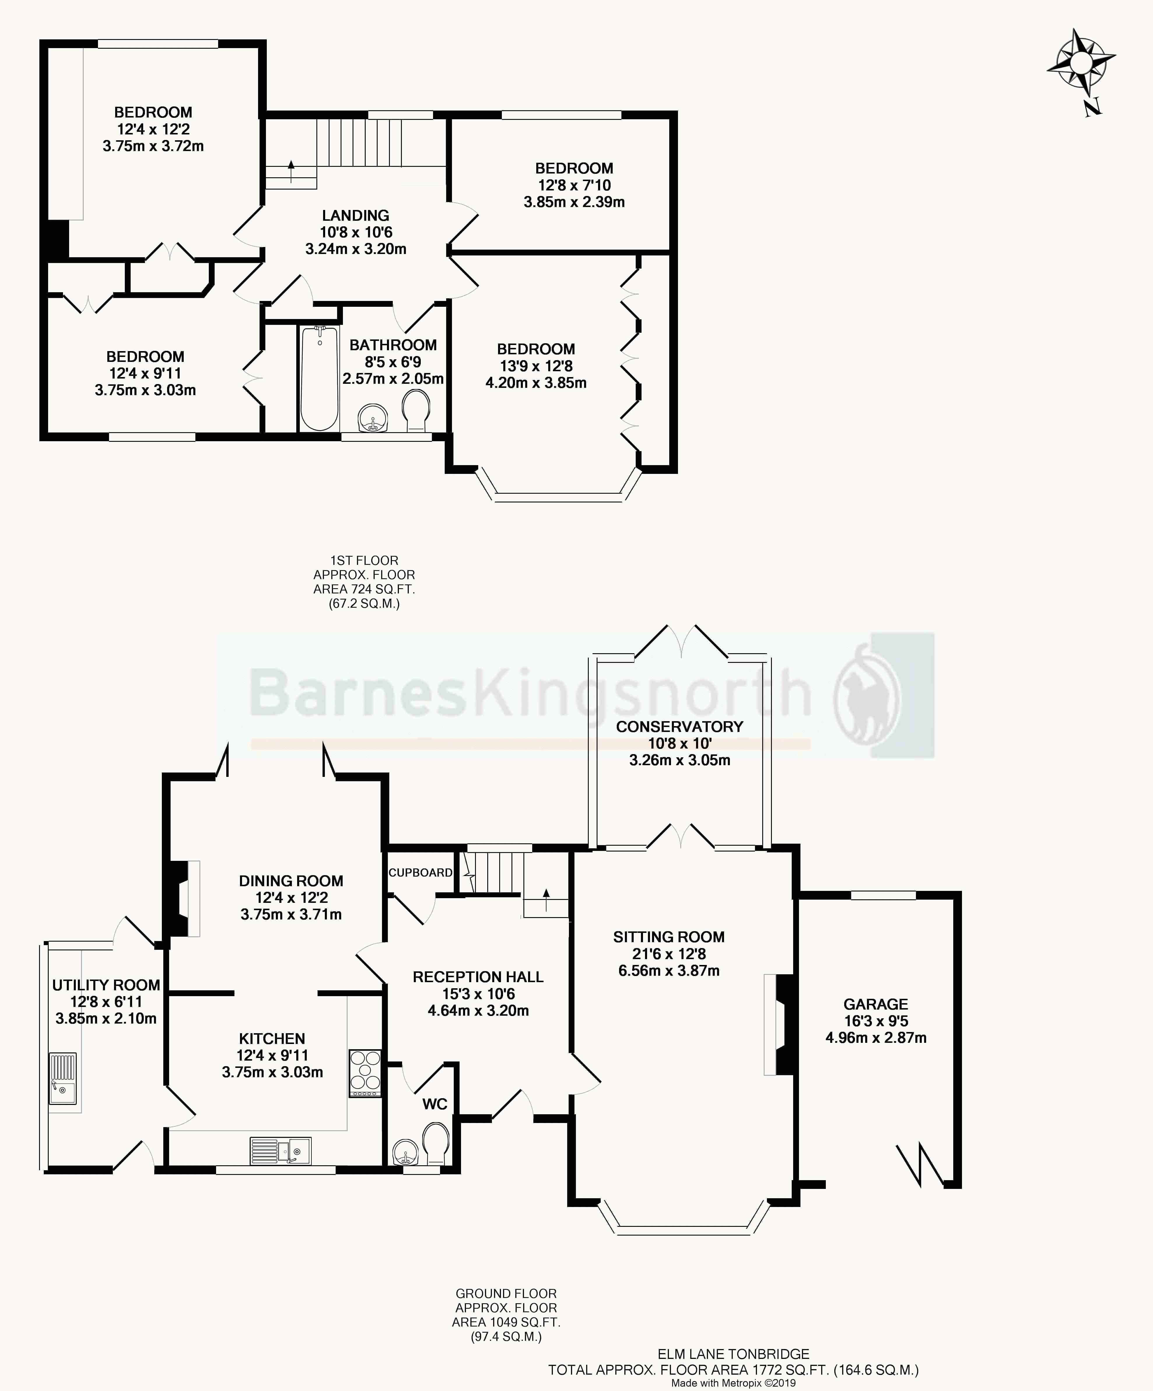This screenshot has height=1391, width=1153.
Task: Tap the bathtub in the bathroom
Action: [x=320, y=379]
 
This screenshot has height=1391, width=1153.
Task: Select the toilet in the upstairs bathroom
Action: [x=417, y=411]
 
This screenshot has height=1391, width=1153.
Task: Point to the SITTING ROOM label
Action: [x=669, y=937]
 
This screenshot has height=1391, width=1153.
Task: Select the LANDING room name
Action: [x=356, y=215]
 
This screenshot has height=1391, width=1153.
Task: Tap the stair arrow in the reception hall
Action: [x=546, y=901]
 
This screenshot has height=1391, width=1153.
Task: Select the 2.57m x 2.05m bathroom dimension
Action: [x=393, y=379]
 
